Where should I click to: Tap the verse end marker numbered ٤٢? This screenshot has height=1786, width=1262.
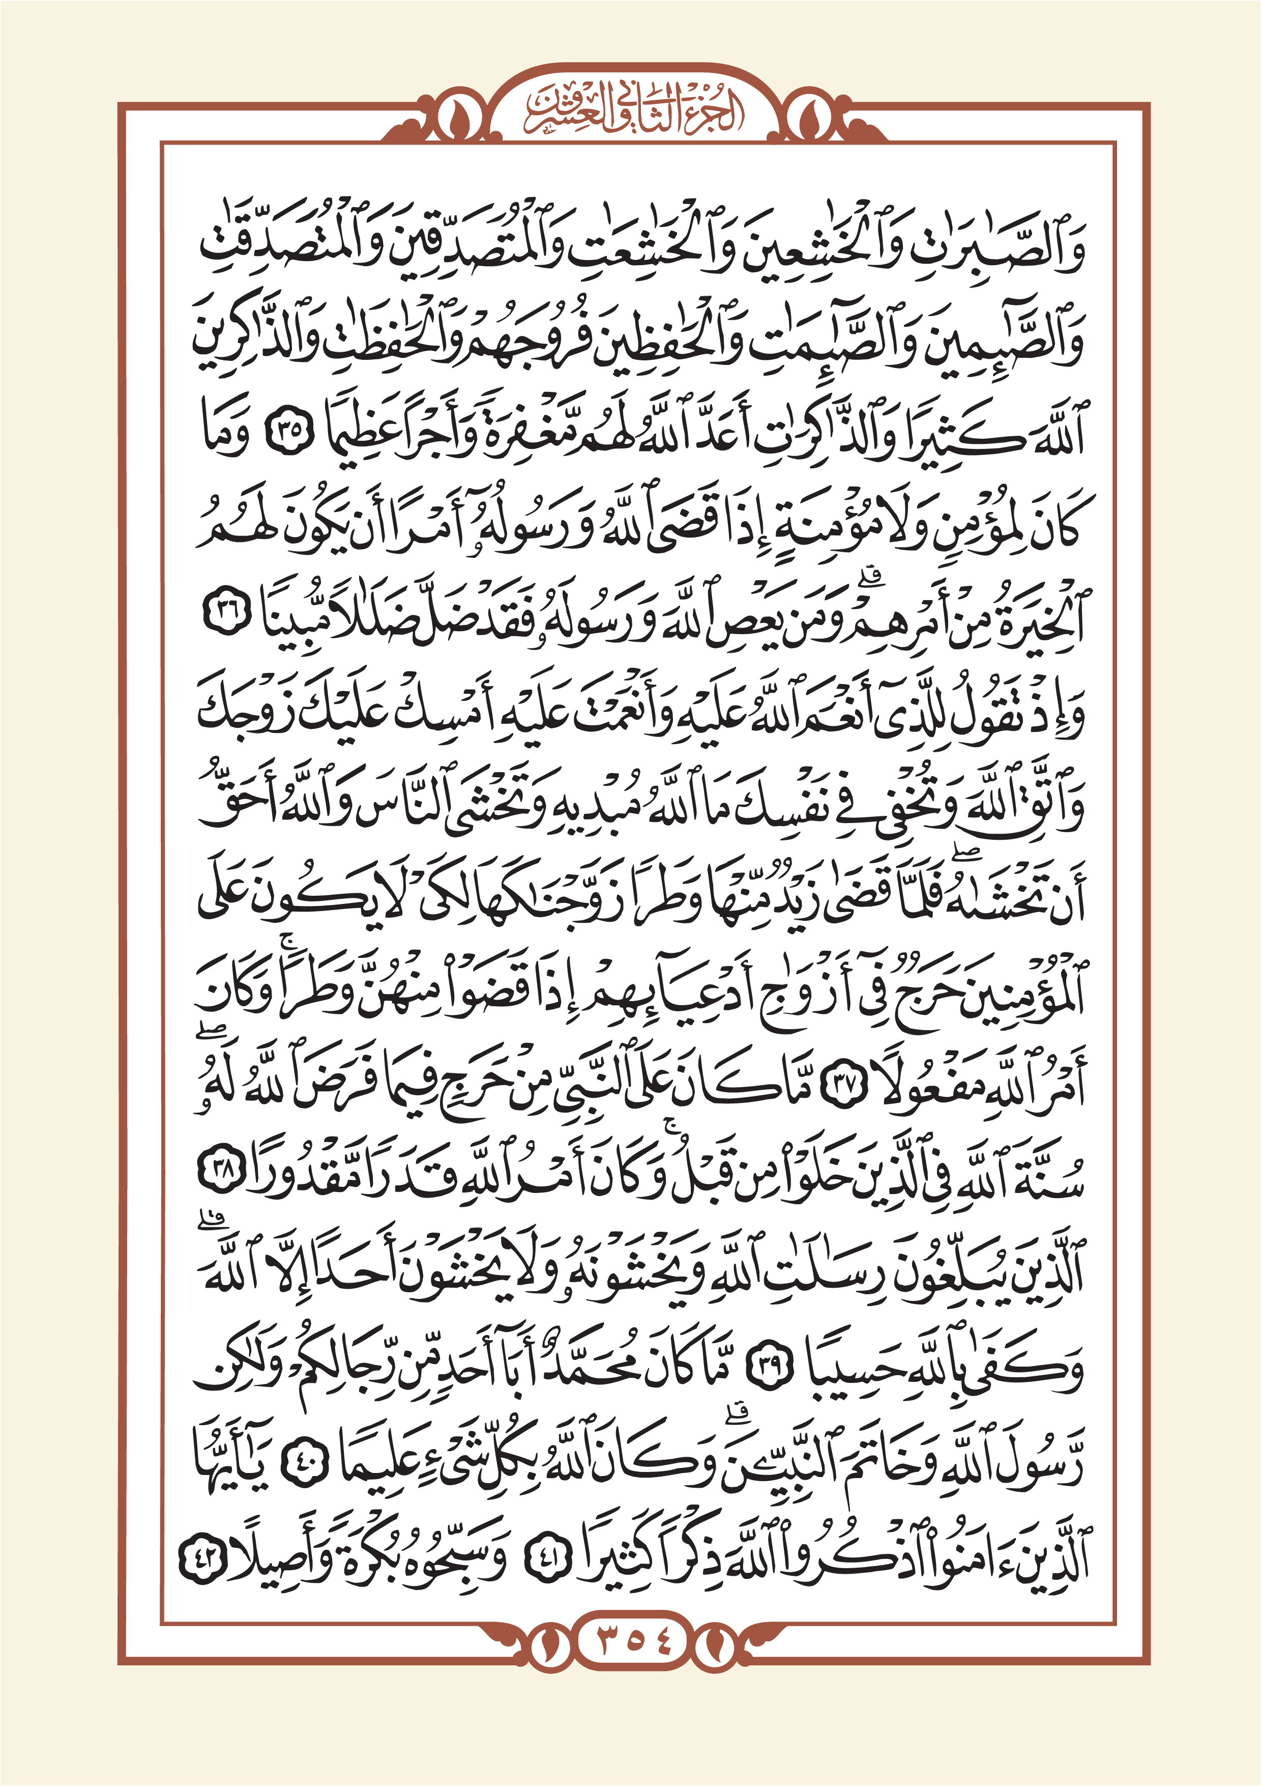pos(204,1553)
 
